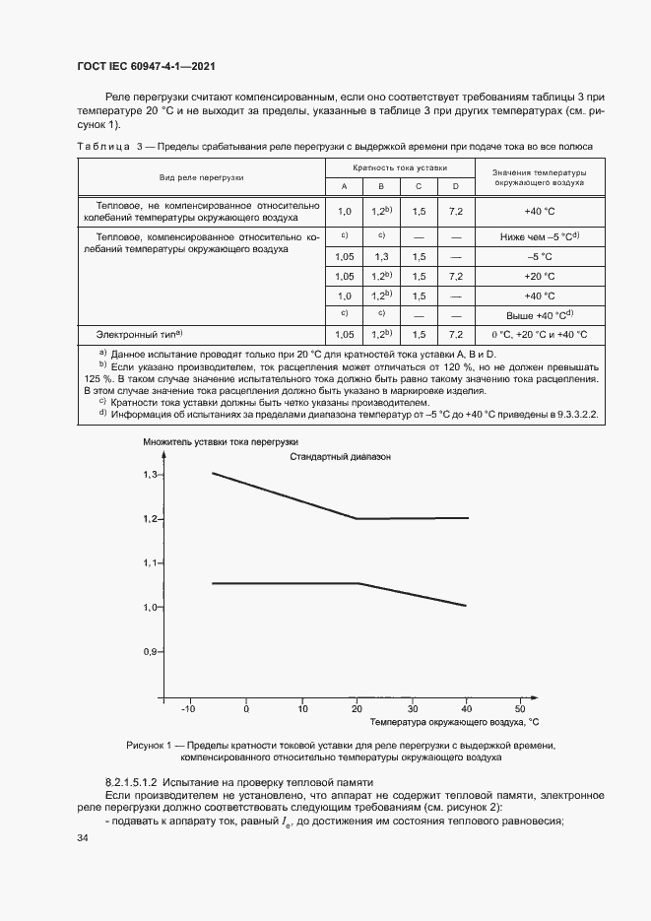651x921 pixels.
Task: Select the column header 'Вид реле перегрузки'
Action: click(202, 177)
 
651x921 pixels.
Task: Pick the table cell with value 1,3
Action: click(381, 256)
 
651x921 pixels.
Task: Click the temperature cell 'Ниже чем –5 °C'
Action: click(540, 236)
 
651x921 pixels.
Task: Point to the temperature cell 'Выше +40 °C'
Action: click(540, 314)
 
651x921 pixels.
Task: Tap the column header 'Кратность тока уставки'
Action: click(400, 169)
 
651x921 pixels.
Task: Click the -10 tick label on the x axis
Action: click(190, 709)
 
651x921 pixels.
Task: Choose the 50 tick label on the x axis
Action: click(520, 709)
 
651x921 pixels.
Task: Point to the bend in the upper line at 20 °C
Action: click(356, 518)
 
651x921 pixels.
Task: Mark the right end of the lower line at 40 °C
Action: click(466, 605)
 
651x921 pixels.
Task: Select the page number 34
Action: click(83, 837)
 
